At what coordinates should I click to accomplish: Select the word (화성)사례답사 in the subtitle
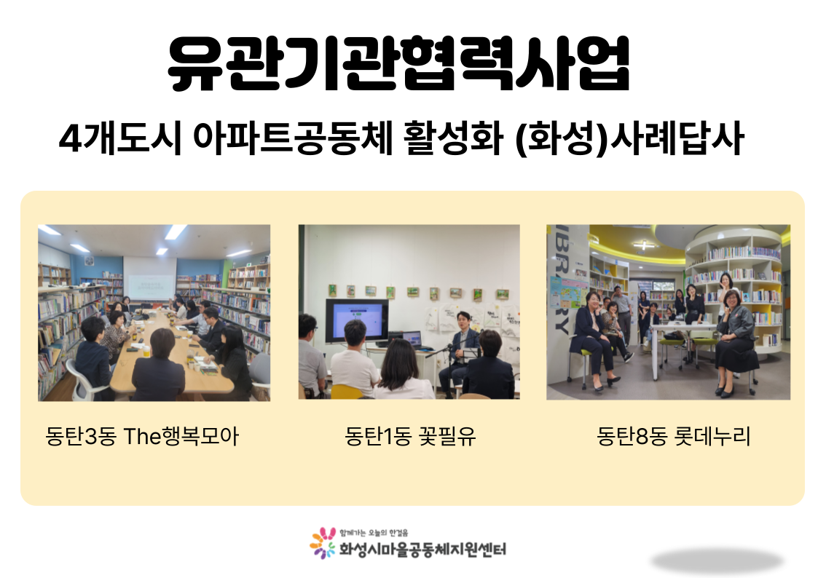(x=629, y=138)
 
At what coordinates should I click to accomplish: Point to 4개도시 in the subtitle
(x=120, y=138)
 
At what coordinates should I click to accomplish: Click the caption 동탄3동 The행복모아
(x=142, y=436)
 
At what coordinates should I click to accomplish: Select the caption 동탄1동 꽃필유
(x=410, y=436)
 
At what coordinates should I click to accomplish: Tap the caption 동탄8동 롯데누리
(x=673, y=436)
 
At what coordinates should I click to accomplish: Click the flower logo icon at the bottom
(x=323, y=543)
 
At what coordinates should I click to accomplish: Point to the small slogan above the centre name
(x=374, y=533)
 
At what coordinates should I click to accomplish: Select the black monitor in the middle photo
(x=357, y=321)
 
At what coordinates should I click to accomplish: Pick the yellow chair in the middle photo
(x=347, y=392)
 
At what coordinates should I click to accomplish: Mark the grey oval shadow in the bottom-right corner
(x=717, y=561)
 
